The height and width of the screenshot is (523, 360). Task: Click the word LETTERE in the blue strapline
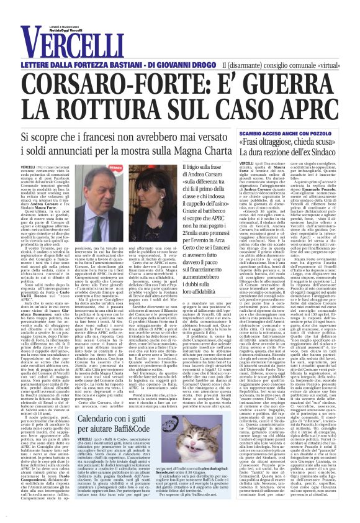pyautogui.click(x=43, y=65)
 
